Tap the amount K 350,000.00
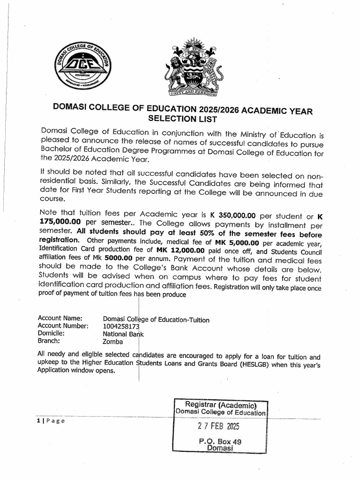(232, 216)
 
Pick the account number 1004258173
(121, 326)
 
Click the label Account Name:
(60, 319)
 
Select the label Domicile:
(51, 334)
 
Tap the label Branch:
(49, 341)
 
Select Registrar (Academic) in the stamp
(220, 405)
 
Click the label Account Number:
(63, 326)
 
